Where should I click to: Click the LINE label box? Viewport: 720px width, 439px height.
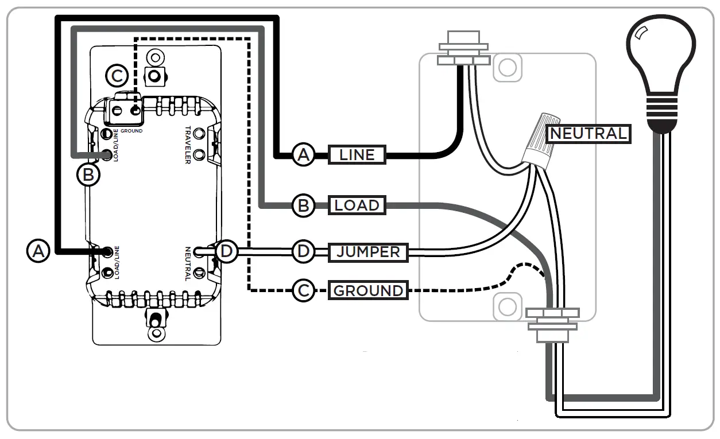coord(357,154)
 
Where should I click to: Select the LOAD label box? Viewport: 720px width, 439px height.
coord(357,205)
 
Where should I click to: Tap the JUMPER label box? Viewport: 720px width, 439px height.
coord(368,252)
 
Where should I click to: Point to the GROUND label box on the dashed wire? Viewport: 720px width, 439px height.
coord(368,290)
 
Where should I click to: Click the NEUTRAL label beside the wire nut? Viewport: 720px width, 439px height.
coord(588,134)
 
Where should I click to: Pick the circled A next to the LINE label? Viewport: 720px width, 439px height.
coord(303,154)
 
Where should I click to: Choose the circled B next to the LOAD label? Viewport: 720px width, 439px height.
coord(303,205)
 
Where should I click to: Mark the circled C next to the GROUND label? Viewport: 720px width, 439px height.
coord(303,290)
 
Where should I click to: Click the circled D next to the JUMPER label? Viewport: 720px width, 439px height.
coord(303,251)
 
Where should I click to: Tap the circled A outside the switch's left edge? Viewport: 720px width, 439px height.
coord(38,251)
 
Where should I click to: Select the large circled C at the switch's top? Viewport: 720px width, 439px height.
coord(117,75)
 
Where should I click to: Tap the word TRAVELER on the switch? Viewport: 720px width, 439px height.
coord(188,145)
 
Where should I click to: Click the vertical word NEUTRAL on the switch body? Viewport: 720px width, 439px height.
coord(188,263)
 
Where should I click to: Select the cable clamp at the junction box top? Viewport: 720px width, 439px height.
coord(464,51)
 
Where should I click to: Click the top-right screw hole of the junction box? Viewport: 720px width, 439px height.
coord(507,67)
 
